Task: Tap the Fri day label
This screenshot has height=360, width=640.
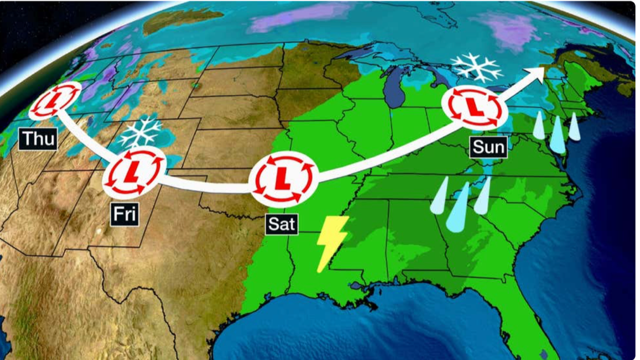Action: tap(124, 214)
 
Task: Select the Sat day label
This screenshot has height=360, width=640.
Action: tap(281, 224)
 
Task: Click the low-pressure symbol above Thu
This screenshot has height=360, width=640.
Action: tap(55, 101)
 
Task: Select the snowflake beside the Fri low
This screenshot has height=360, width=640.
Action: tap(141, 132)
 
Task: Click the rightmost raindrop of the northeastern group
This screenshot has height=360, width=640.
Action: tap(574, 127)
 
